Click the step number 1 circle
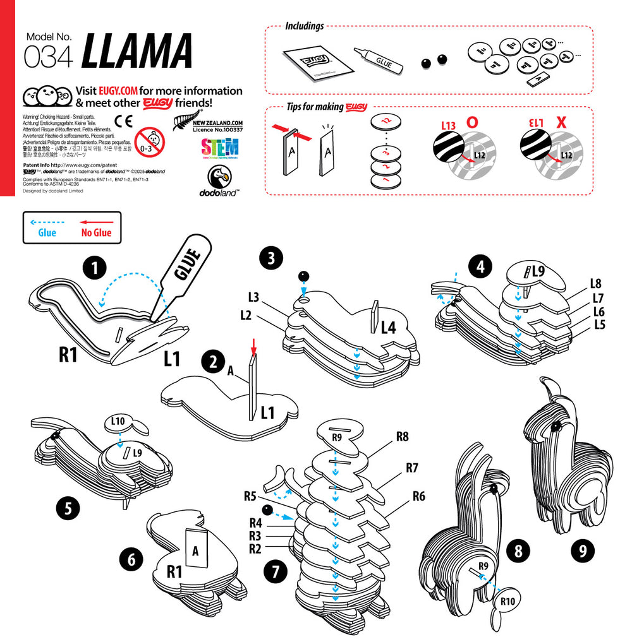click(x=94, y=269)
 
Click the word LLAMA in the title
click(x=137, y=51)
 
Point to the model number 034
click(x=48, y=57)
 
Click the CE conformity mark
click(x=123, y=122)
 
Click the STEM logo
click(x=219, y=149)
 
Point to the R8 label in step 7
click(x=403, y=436)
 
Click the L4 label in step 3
click(x=388, y=327)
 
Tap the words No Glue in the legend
click(x=96, y=233)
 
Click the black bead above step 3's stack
click(x=304, y=276)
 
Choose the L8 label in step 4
click(x=595, y=283)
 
